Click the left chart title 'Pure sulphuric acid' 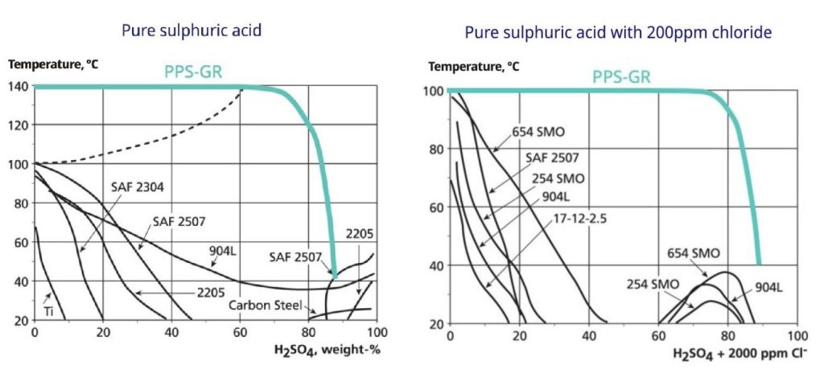tap(192, 31)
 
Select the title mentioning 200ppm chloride tap(618, 33)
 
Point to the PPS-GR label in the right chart tap(621, 77)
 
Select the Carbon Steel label tap(263, 306)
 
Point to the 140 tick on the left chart tap(19, 87)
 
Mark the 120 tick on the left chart tap(19, 125)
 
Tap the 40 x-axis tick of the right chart tap(588, 335)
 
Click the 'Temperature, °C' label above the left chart tap(53, 64)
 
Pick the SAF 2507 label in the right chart tap(554, 158)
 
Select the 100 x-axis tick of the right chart tap(796, 335)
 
